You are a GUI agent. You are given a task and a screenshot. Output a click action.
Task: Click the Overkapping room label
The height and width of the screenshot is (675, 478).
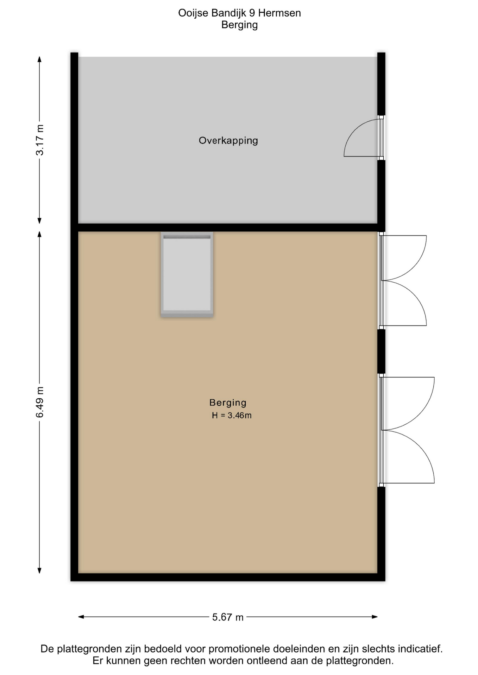click(x=228, y=141)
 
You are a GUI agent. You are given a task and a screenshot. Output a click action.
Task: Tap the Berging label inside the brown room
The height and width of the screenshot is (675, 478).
click(x=228, y=403)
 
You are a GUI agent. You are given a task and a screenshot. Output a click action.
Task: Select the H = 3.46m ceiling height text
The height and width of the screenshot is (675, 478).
click(x=232, y=415)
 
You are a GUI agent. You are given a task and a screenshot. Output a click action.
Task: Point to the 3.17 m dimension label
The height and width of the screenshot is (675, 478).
click(x=40, y=140)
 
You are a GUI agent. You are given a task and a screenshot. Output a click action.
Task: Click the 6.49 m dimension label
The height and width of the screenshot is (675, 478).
click(x=40, y=402)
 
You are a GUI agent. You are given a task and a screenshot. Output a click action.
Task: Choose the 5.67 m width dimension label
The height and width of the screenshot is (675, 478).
click(x=228, y=617)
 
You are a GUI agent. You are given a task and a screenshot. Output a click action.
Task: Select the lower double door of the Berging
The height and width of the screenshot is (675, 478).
click(x=407, y=430)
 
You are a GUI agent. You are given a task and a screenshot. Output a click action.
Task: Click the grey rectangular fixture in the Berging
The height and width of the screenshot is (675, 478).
click(x=187, y=275)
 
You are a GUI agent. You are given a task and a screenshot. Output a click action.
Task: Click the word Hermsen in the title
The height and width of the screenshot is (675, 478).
click(x=279, y=13)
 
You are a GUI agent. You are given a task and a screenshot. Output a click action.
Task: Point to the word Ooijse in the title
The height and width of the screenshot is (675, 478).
click(x=193, y=13)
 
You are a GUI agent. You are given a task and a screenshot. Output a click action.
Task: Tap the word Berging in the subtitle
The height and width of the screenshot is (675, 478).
click(x=239, y=25)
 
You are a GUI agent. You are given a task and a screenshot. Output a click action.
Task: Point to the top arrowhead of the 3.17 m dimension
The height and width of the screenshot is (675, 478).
click(x=39, y=59)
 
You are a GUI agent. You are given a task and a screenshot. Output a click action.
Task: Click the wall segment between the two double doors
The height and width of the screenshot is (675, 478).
click(x=381, y=351)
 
